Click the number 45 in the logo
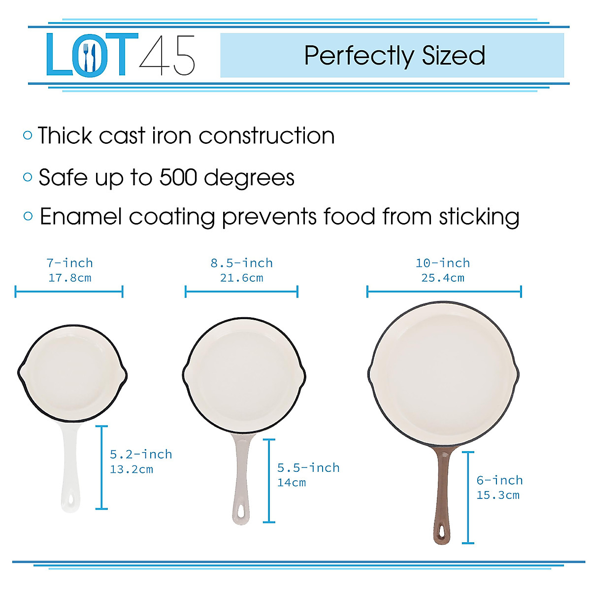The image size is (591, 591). pos(167,55)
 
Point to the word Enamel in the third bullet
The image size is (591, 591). pos(80,217)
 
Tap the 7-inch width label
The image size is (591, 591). pos(69,263)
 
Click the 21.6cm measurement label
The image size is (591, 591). pos(241,278)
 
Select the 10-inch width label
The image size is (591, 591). pos(442,263)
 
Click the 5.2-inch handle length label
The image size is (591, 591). pos(141,454)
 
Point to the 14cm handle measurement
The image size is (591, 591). pos(292,483)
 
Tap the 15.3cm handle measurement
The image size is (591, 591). pos(497,495)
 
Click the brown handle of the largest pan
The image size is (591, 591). pos(443,492)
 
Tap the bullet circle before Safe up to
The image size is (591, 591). pos(28,177)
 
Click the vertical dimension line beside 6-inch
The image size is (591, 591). pos(468,497)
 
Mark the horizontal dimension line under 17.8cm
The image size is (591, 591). pos(69,292)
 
